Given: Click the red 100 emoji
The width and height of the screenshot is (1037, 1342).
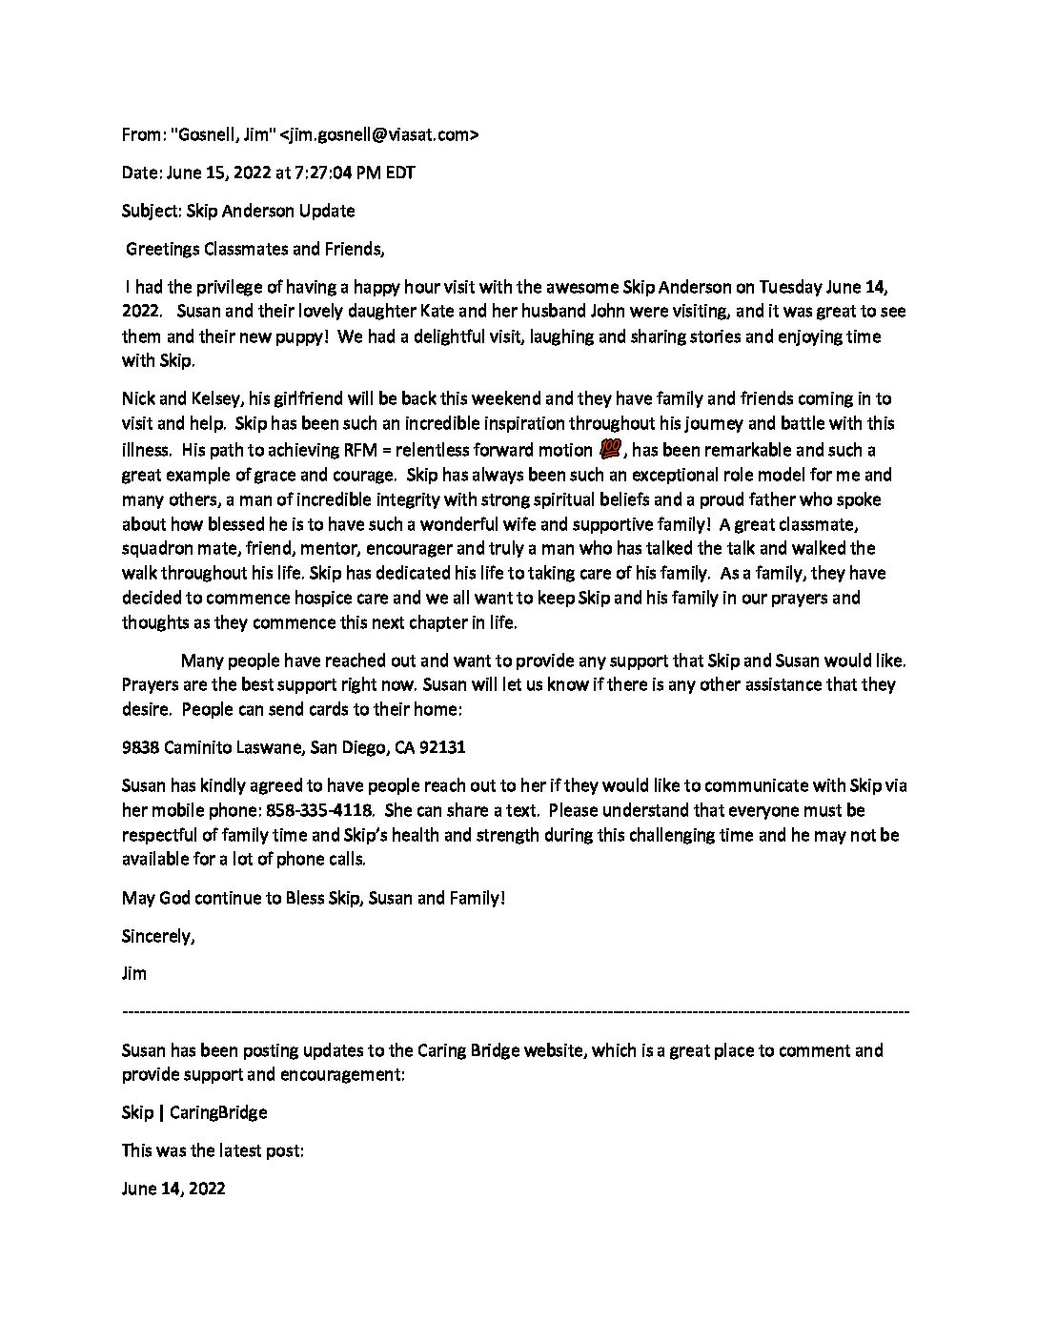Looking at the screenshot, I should [x=607, y=450].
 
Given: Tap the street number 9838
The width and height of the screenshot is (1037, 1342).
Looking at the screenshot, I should [x=140, y=748].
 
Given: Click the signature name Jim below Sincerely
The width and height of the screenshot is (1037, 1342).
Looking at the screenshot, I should [x=134, y=974].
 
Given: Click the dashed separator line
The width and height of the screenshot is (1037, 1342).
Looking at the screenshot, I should [x=516, y=1010].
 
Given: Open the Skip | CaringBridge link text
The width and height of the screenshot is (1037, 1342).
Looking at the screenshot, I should [x=194, y=1112].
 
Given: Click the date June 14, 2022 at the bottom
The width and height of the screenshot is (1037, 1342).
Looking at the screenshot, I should [x=173, y=1189].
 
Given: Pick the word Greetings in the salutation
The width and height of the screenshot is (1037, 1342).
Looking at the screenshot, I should [x=163, y=250].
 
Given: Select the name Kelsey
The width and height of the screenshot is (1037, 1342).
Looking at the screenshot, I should [x=208, y=398].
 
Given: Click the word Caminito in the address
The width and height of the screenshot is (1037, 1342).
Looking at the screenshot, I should [x=201, y=748].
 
